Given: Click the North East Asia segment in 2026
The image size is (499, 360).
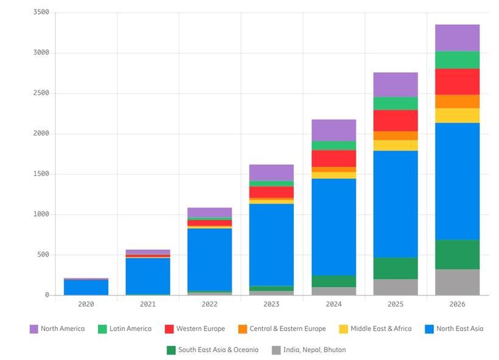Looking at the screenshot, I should click(x=457, y=181).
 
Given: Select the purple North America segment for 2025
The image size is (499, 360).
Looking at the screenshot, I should click(x=395, y=85).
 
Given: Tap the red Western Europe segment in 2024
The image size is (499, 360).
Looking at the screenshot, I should click(x=333, y=158).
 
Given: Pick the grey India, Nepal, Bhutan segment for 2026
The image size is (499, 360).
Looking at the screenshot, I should click(x=457, y=282).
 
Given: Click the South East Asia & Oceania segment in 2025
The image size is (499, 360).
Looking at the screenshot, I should click(x=395, y=268).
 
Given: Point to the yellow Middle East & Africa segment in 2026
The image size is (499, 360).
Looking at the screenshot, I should click(x=457, y=116).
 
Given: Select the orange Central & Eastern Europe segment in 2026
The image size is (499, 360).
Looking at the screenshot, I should click(x=457, y=102).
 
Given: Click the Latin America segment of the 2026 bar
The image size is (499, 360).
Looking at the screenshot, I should click(x=457, y=60).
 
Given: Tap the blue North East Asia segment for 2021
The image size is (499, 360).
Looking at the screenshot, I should click(x=148, y=275).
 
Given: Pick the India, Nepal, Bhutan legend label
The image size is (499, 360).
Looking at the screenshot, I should click(x=314, y=350).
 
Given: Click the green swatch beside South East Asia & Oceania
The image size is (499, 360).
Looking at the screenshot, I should click(x=171, y=350).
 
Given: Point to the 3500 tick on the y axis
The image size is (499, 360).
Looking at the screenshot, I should click(x=41, y=13).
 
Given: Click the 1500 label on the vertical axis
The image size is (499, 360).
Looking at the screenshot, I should click(x=41, y=174).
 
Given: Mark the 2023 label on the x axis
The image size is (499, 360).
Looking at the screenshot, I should click(x=272, y=304).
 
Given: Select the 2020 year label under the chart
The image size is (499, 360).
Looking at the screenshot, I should click(x=86, y=304).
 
